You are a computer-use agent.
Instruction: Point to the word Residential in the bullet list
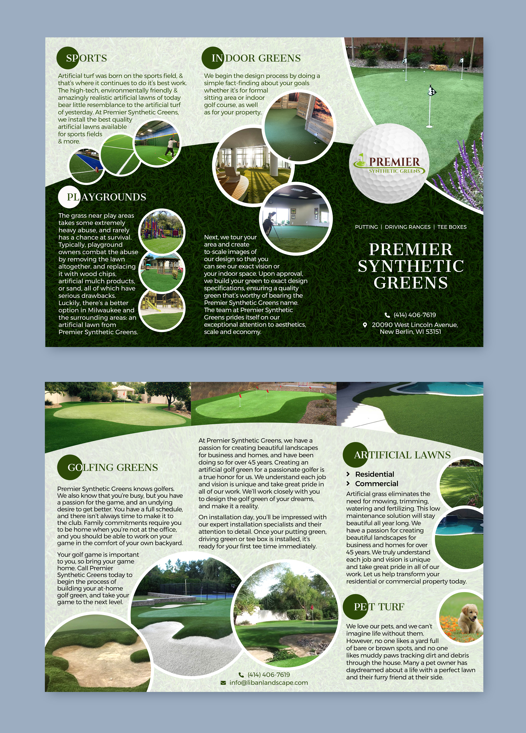pos(374,474)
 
